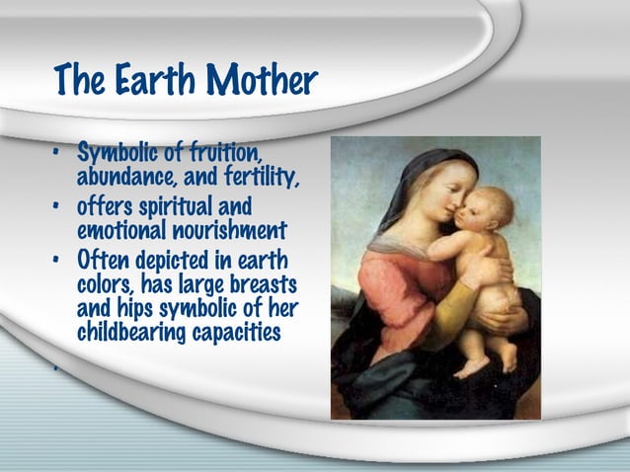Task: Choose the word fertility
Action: point(263,180)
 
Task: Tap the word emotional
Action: point(122,232)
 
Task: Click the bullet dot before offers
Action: point(58,208)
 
